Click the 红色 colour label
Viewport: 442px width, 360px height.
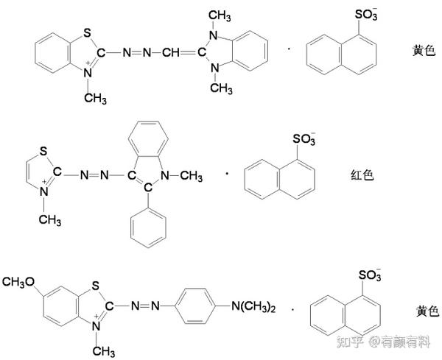[362, 175]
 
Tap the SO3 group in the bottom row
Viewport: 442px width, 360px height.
[370, 276]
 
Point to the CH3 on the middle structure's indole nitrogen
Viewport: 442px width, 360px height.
[191, 175]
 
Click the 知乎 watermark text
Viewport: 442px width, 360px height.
[350, 342]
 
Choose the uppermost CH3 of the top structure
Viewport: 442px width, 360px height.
[217, 15]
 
